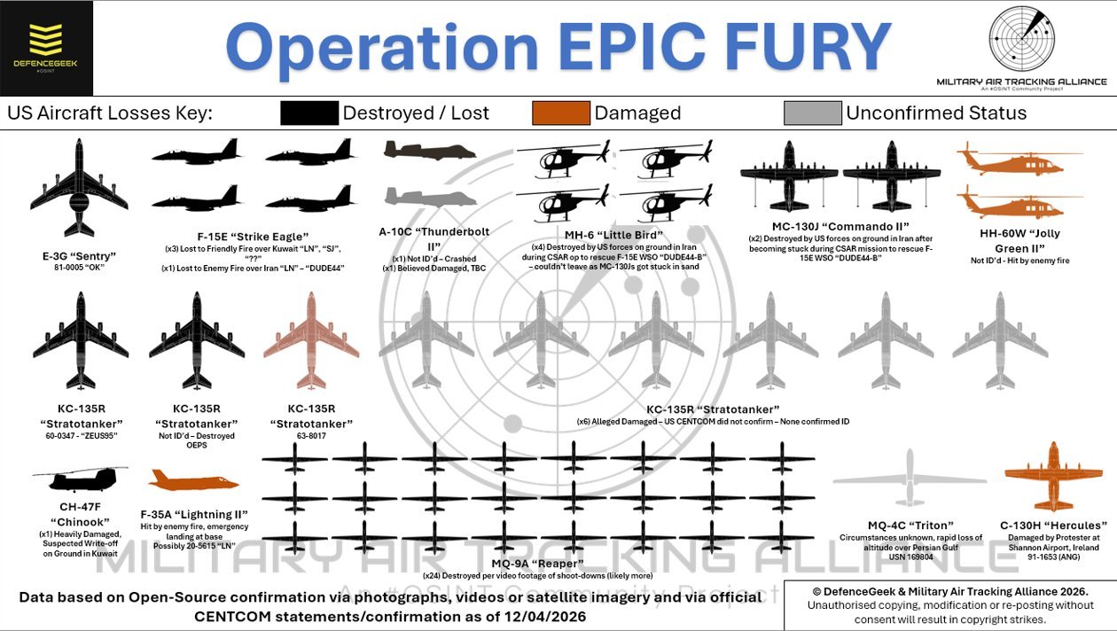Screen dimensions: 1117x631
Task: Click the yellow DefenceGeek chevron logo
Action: pos(45,39)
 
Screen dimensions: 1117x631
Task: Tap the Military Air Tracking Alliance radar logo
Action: pos(1022,39)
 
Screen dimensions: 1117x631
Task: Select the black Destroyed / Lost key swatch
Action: pos(309,113)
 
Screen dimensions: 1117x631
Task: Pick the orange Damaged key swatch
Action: pos(561,113)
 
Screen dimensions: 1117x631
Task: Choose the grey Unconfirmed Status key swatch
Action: pos(812,113)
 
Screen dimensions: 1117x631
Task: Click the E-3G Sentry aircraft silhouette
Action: pos(79,188)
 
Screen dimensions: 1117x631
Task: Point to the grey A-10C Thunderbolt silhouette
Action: pos(430,197)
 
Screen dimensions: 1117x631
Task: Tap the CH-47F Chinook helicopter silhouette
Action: pos(81,479)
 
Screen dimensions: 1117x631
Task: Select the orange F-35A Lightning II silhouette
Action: pos(193,480)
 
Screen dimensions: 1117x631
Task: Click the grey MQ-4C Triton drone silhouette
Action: pos(910,478)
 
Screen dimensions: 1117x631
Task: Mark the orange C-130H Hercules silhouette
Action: pos(1053,476)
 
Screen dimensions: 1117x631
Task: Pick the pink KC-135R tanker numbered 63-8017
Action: pos(311,340)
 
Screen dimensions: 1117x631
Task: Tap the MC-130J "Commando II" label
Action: pos(840,226)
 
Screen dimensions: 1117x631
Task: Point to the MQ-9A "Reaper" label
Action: pos(537,564)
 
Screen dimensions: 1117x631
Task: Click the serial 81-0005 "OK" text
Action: pos(79,268)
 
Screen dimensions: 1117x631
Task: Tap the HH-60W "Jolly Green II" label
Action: pos(1019,241)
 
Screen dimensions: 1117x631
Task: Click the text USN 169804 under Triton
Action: pos(910,557)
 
